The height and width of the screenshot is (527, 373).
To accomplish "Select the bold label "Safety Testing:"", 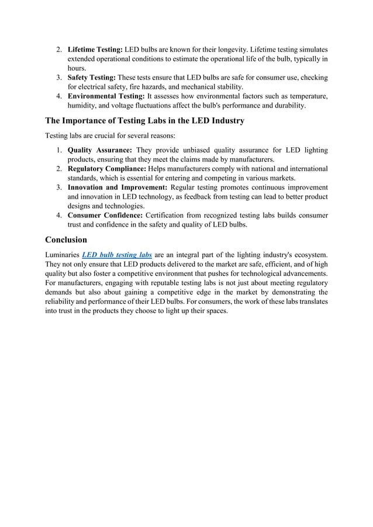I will tap(92, 78).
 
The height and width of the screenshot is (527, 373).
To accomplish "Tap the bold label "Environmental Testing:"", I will tap(106, 96).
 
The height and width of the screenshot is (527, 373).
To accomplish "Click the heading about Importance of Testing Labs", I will tap(144, 121).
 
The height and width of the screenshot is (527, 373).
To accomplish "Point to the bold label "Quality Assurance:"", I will tap(100, 150).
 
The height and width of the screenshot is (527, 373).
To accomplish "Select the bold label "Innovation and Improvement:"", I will tap(118, 188).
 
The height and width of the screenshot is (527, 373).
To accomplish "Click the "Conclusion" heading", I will tap(66, 240).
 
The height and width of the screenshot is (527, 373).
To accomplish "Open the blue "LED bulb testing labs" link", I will tap(118, 255).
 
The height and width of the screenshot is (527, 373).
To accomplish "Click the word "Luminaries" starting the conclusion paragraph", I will tap(62, 255).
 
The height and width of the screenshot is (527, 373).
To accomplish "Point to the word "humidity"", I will tap(83, 105).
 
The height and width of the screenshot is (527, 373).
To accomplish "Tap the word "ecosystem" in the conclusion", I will tap(308, 255).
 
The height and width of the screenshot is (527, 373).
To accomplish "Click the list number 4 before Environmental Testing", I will tap(59, 96).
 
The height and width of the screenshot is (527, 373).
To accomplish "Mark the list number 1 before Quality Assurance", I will tap(59, 150).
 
